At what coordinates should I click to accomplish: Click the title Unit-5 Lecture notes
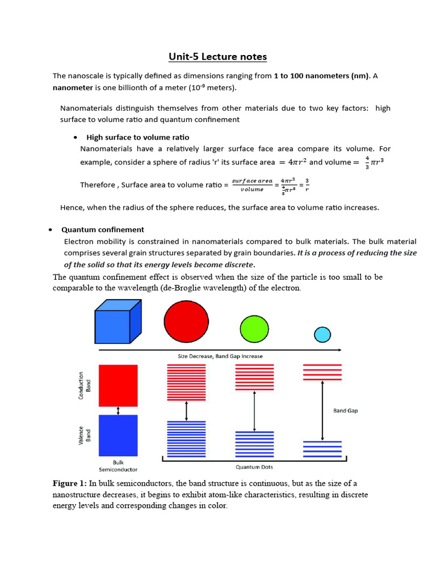[x=217, y=57]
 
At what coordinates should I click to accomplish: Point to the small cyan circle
[x=322, y=335]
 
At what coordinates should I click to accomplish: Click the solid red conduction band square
[x=118, y=385]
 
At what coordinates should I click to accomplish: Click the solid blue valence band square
[x=118, y=435]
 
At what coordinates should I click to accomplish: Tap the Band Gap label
[x=345, y=410]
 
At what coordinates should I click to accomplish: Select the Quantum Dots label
[x=254, y=467]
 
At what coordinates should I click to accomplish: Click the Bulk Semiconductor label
[x=118, y=466]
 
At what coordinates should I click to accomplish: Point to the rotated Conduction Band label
[x=83, y=385]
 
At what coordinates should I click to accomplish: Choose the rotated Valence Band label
[x=83, y=435]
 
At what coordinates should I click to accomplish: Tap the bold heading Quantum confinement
[x=103, y=230]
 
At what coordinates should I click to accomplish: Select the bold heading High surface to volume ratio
[x=137, y=137]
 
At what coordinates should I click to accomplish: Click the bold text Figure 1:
[x=70, y=483]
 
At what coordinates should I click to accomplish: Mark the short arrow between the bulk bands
[x=118, y=410]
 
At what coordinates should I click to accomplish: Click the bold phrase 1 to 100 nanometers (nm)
[x=321, y=75]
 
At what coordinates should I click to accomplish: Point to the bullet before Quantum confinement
[x=51, y=230]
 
